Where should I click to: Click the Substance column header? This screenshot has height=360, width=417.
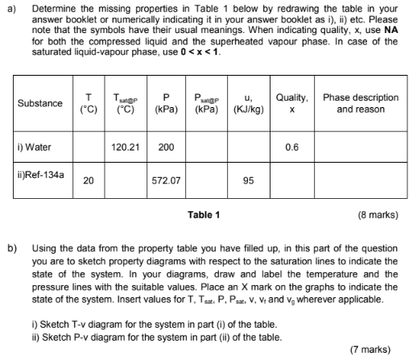click(39, 103)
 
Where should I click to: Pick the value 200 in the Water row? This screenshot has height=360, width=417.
click(166, 147)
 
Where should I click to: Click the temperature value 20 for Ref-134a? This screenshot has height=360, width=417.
click(88, 181)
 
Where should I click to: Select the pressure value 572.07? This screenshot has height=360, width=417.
click(166, 181)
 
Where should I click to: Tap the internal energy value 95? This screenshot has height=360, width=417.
click(247, 181)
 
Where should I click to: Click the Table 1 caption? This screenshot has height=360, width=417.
click(203, 215)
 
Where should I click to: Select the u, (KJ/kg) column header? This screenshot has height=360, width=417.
click(247, 103)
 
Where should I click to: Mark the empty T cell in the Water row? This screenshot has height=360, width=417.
click(88, 147)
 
